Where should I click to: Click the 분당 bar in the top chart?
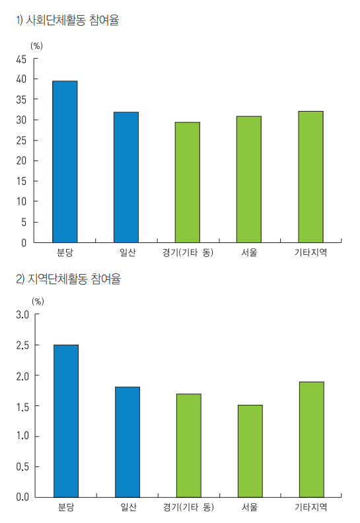[65, 162]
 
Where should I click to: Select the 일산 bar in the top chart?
[126, 177]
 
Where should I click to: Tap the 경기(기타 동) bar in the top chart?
[188, 182]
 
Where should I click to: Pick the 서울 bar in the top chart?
[249, 179]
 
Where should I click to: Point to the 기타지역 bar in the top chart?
[310, 176]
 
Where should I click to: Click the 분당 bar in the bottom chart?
[66, 421]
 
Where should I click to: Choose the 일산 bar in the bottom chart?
[127, 442]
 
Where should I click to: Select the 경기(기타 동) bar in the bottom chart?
[189, 445]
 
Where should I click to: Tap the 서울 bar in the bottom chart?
[250, 450]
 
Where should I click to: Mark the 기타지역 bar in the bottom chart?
[312, 439]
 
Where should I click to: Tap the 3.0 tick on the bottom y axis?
[23, 314]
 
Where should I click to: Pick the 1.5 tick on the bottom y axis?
[23, 405]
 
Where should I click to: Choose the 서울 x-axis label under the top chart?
[249, 252]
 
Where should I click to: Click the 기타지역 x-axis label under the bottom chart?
[310, 507]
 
